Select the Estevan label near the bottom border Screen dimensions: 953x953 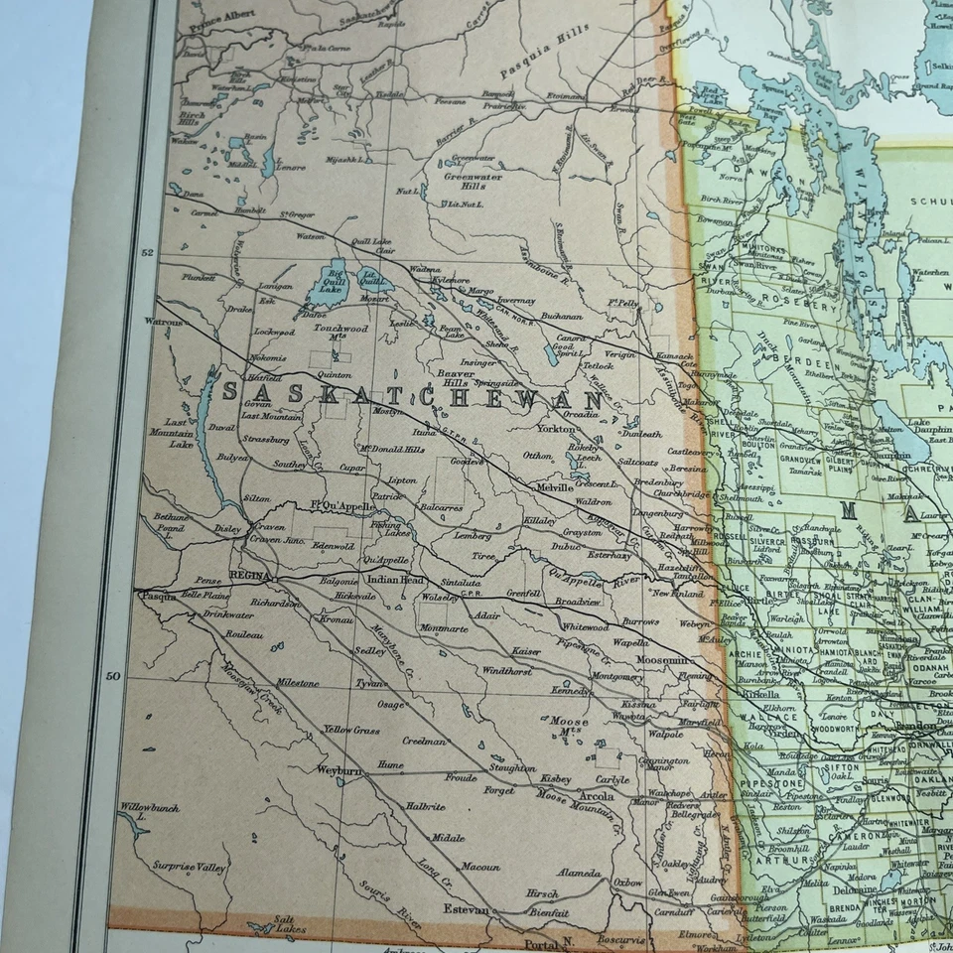pos(467,909)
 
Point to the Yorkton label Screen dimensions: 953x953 pos(555,429)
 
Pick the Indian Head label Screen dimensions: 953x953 pos(394,580)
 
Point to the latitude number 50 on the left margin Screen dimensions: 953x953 pos(113,676)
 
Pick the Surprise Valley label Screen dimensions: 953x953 pos(190,867)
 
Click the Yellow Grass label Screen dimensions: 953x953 pos(351,730)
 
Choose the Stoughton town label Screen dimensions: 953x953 pos(512,767)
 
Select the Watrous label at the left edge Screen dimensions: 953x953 pos(163,322)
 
